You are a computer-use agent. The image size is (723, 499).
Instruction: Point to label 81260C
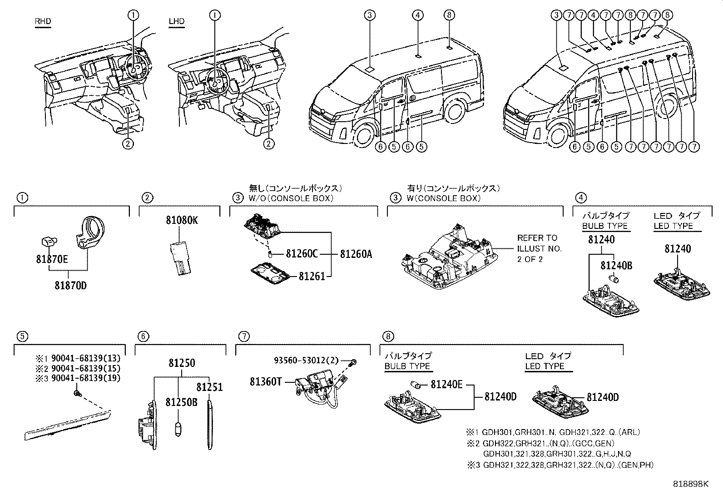(x=302, y=254)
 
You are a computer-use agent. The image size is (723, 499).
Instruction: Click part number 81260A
(x=356, y=254)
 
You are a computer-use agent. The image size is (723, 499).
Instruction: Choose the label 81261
(x=312, y=276)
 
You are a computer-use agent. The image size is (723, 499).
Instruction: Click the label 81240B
(x=616, y=265)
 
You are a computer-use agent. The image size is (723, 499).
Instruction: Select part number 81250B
(x=181, y=402)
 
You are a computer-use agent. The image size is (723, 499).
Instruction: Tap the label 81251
(x=209, y=387)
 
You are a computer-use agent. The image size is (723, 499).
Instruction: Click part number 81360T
(x=266, y=382)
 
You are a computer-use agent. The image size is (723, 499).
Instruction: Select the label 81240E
(x=446, y=385)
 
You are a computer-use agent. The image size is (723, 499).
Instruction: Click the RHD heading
(x=43, y=21)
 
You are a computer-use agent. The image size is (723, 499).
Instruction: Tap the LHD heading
(x=176, y=21)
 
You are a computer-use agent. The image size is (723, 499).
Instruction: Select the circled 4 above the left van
(x=418, y=15)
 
